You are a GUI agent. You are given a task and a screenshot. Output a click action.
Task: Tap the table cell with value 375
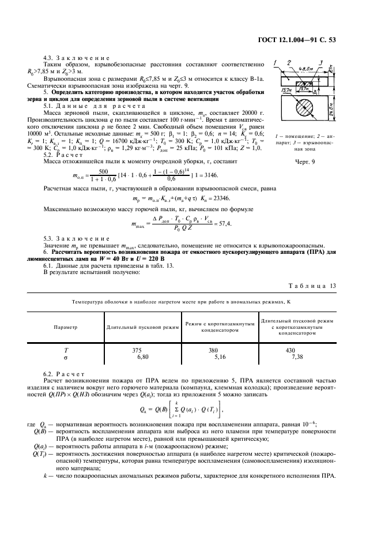click(x=137, y=350)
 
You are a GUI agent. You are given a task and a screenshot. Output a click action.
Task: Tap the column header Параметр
click(x=65, y=327)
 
